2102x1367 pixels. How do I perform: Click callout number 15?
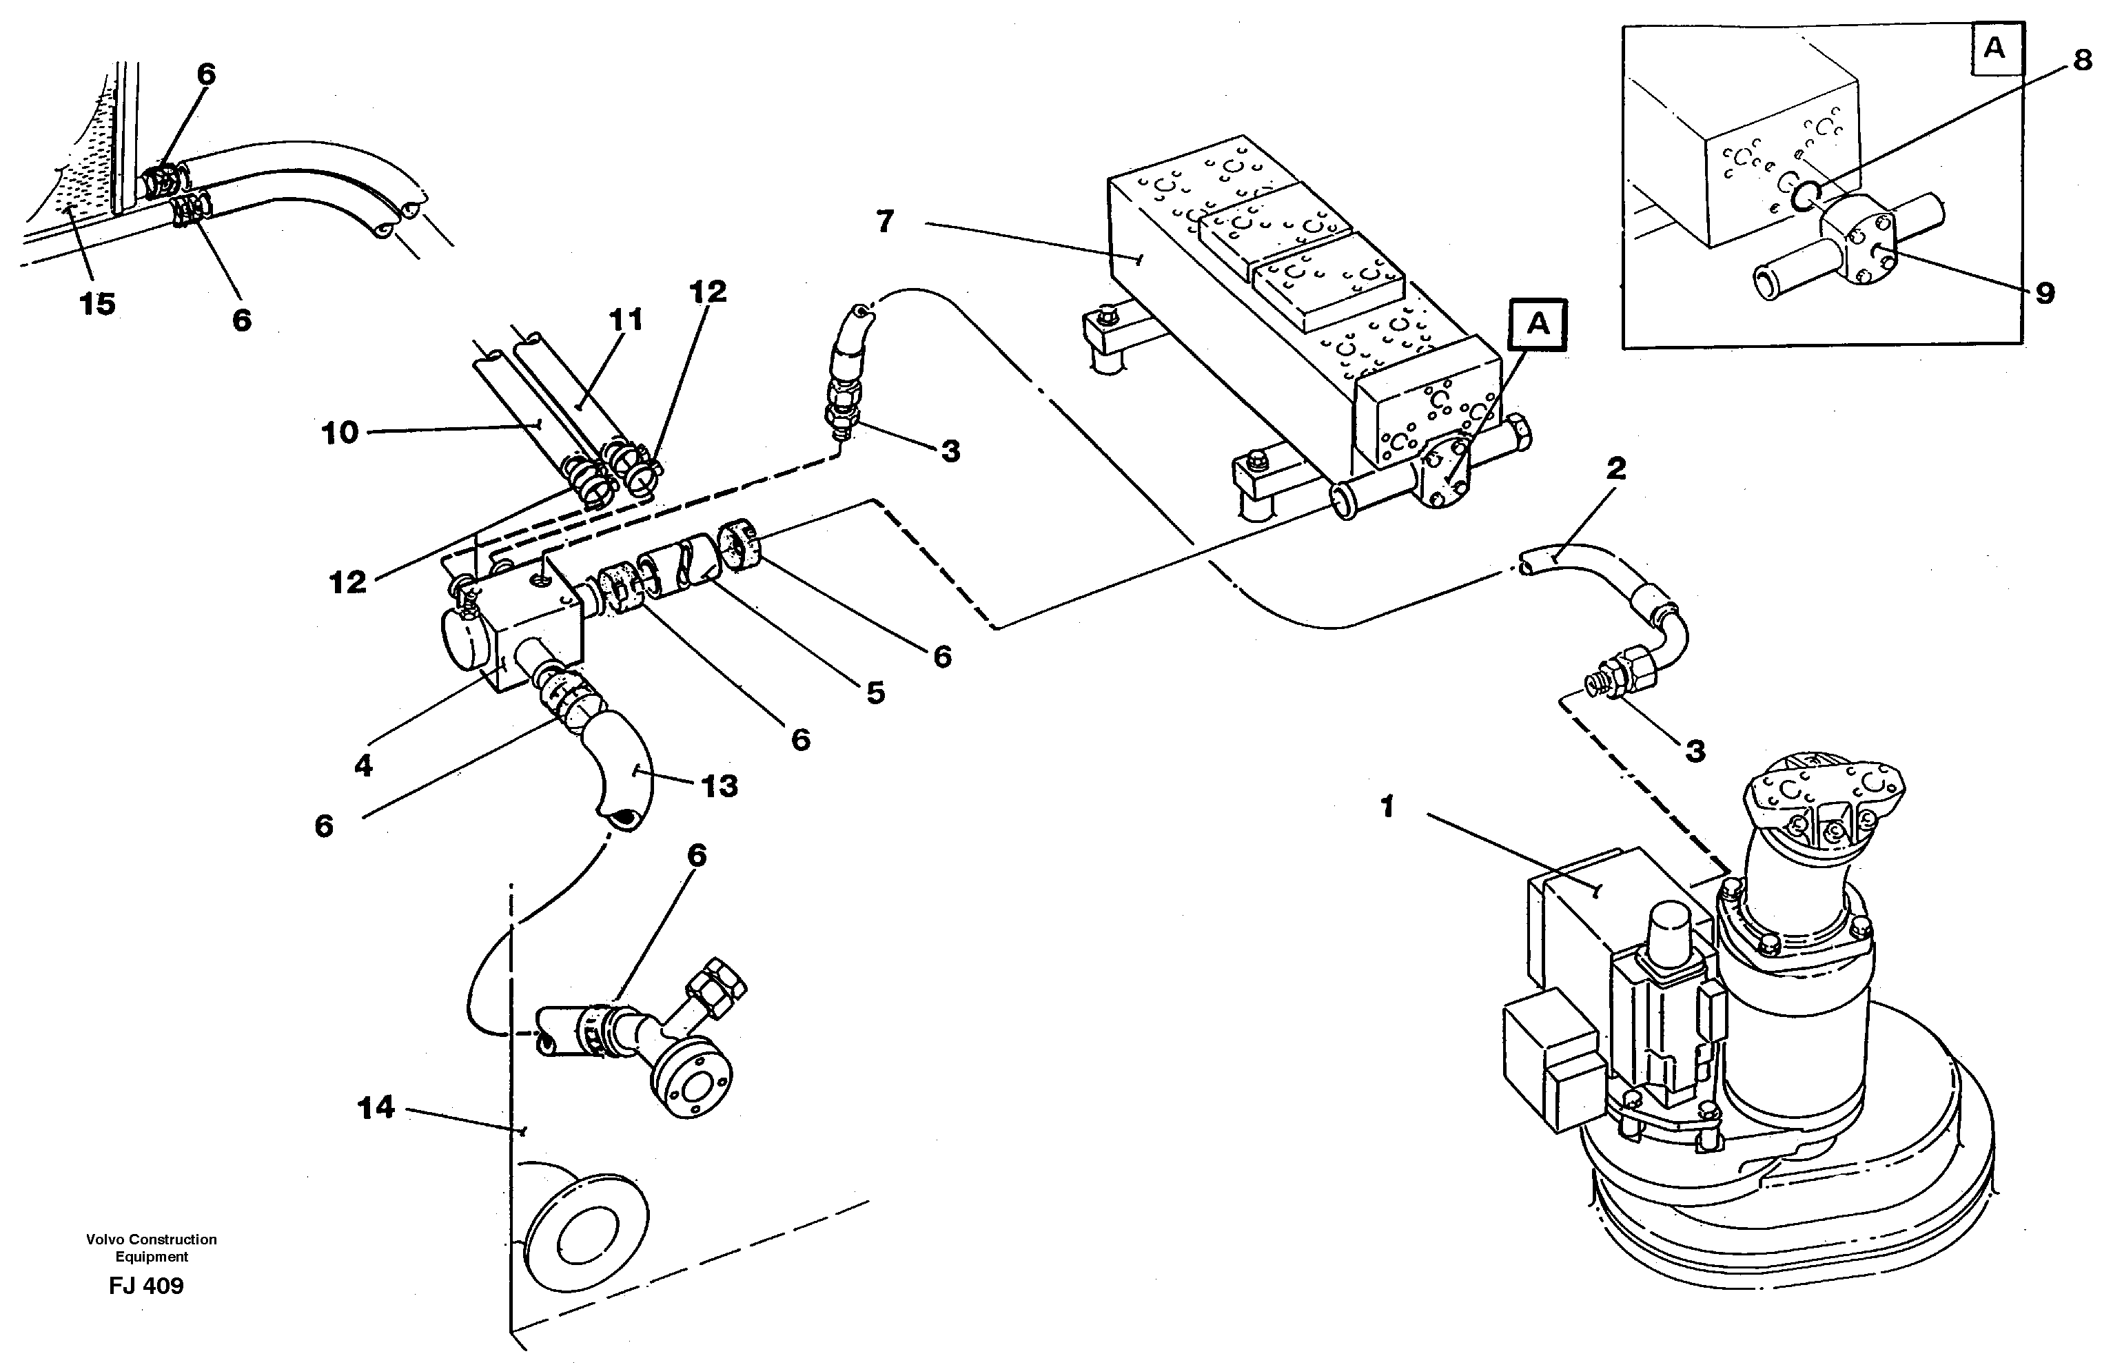pos(97,304)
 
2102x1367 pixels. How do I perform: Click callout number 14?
pos(376,1107)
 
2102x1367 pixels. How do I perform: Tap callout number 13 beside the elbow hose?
pos(719,785)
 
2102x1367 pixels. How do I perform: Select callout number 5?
pos(875,693)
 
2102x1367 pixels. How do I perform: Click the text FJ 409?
pos(147,1286)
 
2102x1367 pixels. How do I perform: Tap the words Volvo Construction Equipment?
pos(151,1248)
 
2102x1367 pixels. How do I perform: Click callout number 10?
pos(340,433)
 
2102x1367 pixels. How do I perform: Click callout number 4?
pos(363,765)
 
